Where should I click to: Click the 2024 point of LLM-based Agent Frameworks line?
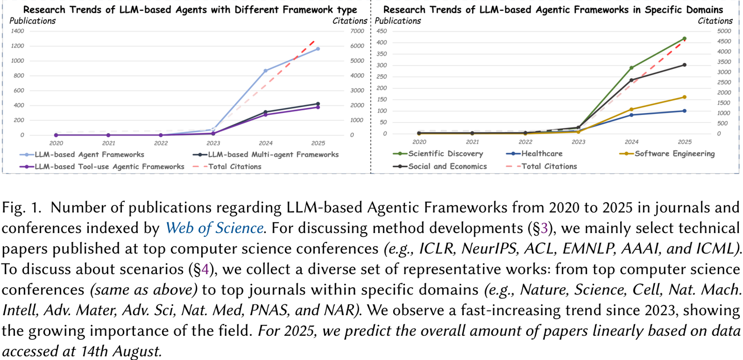[x=266, y=71]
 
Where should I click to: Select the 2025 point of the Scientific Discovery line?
[x=684, y=39]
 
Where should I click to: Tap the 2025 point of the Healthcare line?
[x=684, y=111]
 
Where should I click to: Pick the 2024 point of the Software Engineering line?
[x=631, y=109]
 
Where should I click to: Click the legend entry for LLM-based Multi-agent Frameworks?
[x=273, y=154]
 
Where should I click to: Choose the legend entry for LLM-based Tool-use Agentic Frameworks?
[x=109, y=167]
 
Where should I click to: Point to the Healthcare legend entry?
[x=542, y=153]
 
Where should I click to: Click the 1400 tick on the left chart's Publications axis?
[x=17, y=31]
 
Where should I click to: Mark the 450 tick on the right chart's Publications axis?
[x=382, y=31]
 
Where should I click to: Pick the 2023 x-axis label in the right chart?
[x=578, y=141]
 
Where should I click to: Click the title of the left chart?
[x=190, y=10]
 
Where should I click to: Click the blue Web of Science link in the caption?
[x=214, y=227]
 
